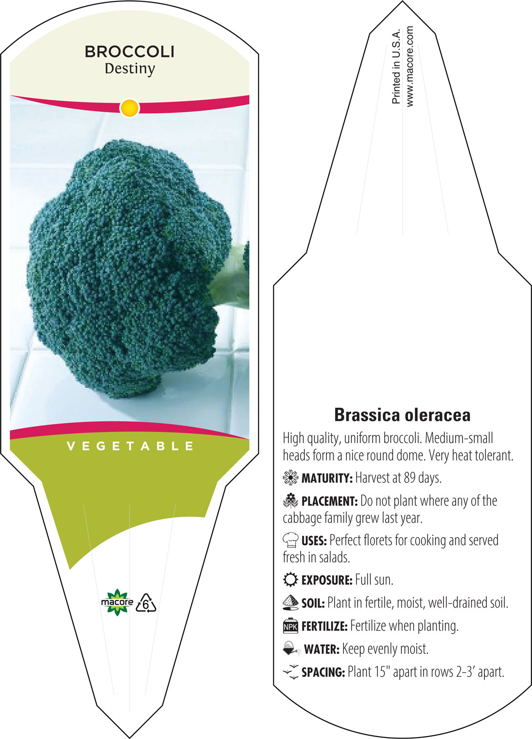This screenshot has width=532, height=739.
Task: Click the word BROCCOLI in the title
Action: click(130, 52)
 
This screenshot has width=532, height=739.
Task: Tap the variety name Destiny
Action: click(130, 69)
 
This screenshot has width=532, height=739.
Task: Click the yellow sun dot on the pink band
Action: click(130, 108)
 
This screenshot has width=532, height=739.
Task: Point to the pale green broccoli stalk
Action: click(231, 277)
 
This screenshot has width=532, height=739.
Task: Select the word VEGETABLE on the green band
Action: click(130, 447)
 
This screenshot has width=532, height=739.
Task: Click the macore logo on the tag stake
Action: click(117, 602)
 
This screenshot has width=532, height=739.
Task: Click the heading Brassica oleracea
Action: click(402, 415)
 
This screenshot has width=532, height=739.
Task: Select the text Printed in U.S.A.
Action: click(396, 67)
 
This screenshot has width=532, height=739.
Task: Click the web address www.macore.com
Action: click(409, 66)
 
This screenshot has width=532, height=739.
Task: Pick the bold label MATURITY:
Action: click(327, 478)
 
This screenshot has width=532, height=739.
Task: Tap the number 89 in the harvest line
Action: click(409, 478)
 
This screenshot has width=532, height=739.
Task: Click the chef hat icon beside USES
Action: click(291, 540)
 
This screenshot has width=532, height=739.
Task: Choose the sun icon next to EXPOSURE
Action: click(290, 579)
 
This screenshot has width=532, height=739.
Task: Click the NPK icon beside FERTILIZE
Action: click(290, 626)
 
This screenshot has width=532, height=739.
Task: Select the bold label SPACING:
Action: click(323, 672)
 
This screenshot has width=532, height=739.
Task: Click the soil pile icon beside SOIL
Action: click(290, 603)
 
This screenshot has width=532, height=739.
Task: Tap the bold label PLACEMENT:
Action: click(330, 501)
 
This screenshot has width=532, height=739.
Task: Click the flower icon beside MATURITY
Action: click(290, 478)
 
